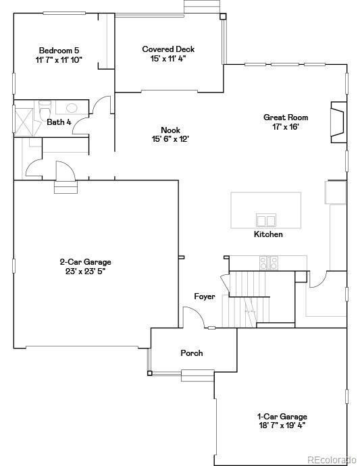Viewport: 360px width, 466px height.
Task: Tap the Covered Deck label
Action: tap(168, 49)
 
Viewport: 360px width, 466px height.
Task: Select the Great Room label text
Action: tap(285, 118)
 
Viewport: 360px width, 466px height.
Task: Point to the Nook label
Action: tap(170, 130)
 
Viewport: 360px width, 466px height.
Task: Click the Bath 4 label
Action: tap(59, 122)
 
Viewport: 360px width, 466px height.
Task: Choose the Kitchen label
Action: tap(268, 234)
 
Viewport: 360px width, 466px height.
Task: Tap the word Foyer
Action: tap(205, 296)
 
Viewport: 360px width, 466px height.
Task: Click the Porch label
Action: tap(192, 353)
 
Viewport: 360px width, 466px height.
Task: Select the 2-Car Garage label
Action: tap(85, 262)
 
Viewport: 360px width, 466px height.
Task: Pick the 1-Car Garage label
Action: tap(282, 417)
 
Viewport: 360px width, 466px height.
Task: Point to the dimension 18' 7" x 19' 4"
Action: tap(282, 426)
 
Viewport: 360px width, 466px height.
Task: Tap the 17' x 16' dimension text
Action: tap(285, 126)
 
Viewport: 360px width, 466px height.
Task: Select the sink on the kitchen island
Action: tap(265, 220)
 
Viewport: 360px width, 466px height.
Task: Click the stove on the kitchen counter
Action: tap(269, 262)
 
